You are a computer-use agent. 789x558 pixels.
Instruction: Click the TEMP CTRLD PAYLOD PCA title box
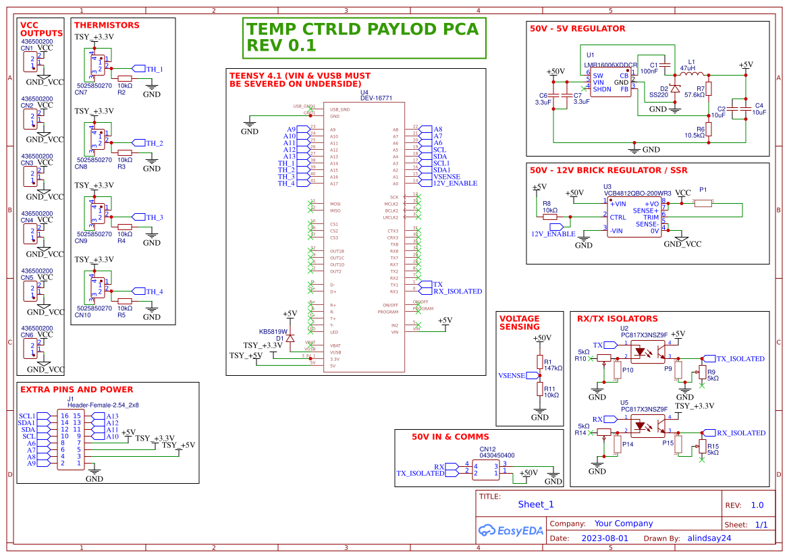coord(364,38)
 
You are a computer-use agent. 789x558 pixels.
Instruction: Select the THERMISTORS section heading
coord(107,26)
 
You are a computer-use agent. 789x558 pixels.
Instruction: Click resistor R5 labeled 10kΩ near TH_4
coord(124,301)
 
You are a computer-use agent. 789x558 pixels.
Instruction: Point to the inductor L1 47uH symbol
coord(694,74)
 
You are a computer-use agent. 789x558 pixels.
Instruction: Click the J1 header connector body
coord(70,440)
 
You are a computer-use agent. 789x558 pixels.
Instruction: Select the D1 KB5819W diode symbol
coord(290,339)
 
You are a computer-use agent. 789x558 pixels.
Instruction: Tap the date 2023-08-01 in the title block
coord(604,538)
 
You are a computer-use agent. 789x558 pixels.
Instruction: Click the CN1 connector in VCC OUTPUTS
coord(30,61)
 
